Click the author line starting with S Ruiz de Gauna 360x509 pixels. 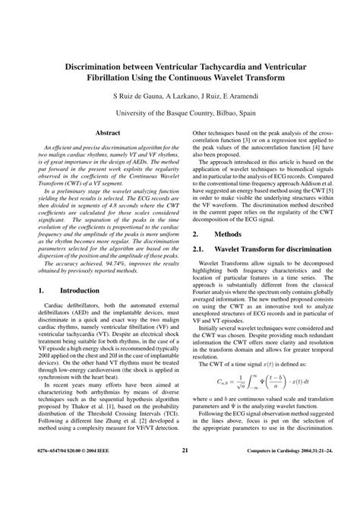coord(180,97)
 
